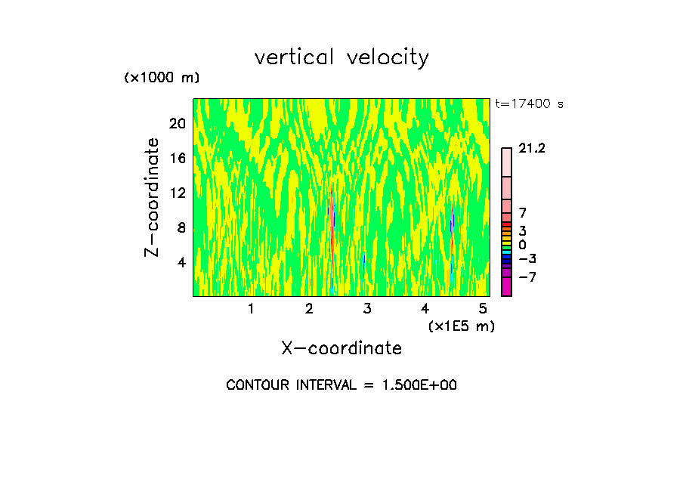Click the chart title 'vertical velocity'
click(341, 57)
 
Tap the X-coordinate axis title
click(341, 347)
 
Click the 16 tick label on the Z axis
click(177, 158)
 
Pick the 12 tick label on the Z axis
click(177, 193)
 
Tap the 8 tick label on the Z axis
click(181, 227)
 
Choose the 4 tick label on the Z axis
click(181, 262)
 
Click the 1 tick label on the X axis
click(251, 308)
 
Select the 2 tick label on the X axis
click(309, 308)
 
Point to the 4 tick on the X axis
click(425, 308)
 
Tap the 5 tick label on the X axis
click(483, 308)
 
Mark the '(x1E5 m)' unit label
click(461, 326)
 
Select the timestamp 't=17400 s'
click(529, 104)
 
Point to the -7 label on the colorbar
click(527, 276)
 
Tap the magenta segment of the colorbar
click(506, 286)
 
